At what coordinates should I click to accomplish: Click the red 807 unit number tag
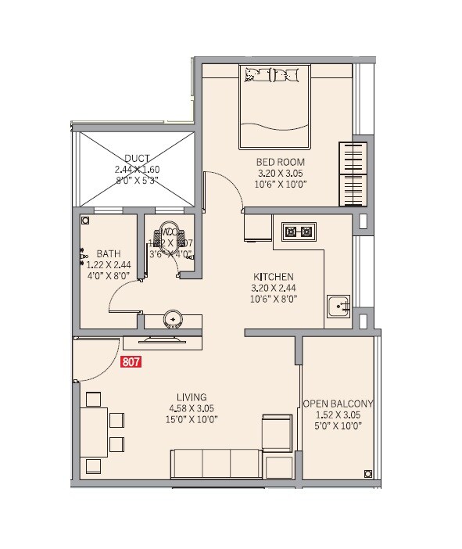point(131,362)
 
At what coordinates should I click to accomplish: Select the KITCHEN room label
point(273,277)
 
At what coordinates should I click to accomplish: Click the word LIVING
point(192,396)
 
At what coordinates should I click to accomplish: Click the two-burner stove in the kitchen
point(299,231)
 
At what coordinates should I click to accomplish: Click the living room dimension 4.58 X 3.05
point(192,407)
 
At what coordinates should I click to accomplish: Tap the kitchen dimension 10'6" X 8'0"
point(273,300)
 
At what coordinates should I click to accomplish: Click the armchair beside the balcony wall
point(277,432)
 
